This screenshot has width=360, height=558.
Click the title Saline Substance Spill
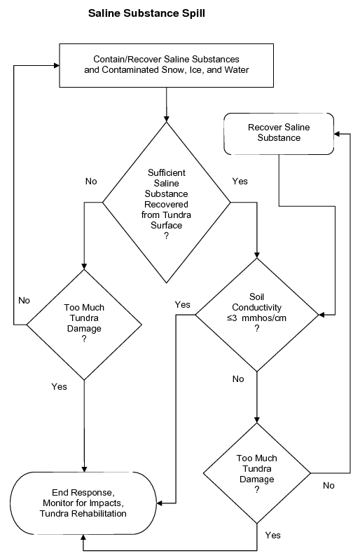pyautogui.click(x=146, y=13)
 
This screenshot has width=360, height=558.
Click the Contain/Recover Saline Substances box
pyautogui.click(x=166, y=64)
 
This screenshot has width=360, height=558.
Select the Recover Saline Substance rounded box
pyautogui.click(x=279, y=132)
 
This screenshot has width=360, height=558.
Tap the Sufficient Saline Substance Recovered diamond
pyautogui.click(x=166, y=203)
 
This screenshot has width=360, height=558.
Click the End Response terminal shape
pyautogui.click(x=83, y=503)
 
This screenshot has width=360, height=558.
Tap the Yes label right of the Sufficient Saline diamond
pyautogui.click(x=240, y=181)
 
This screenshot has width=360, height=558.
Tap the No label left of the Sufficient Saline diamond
pyautogui.click(x=91, y=181)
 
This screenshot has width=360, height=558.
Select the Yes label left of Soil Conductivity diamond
pyautogui.click(x=183, y=304)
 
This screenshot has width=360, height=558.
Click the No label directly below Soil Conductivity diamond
pyautogui.click(x=238, y=379)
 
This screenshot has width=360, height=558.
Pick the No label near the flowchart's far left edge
pyautogui.click(x=24, y=300)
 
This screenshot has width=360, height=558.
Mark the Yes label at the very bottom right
pyautogui.click(x=273, y=535)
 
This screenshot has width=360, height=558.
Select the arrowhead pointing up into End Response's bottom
pyautogui.click(x=83, y=536)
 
